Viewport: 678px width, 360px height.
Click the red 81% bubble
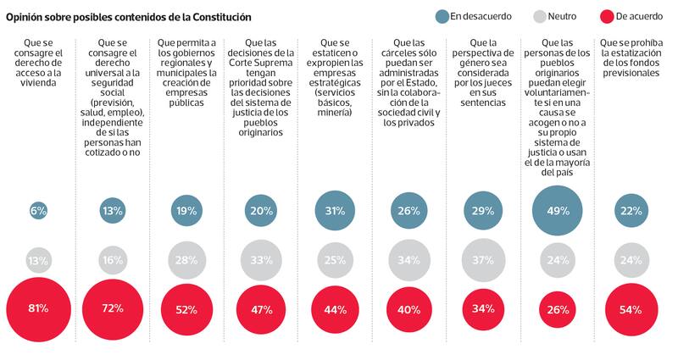pyautogui.click(x=38, y=310)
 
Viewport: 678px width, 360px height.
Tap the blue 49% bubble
pyautogui.click(x=559, y=211)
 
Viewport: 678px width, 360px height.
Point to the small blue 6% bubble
pyautogui.click(x=38, y=211)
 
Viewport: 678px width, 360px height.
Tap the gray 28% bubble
pyautogui.click(x=186, y=260)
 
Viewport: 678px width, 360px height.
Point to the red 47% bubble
pyautogui.click(x=261, y=310)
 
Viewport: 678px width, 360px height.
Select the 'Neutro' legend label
pyautogui.click(x=562, y=15)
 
